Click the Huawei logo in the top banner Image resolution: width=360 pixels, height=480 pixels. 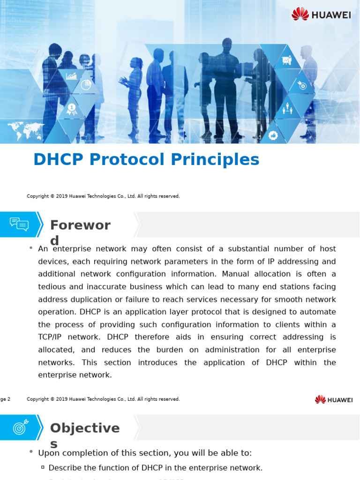(x=321, y=14)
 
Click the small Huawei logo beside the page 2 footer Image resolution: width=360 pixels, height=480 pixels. (x=334, y=399)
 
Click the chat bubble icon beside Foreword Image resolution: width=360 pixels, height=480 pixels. (x=19, y=224)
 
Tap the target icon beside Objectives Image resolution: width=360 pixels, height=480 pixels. (x=20, y=427)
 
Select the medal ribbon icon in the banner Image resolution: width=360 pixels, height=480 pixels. (x=71, y=109)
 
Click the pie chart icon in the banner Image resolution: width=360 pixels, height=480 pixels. (x=85, y=85)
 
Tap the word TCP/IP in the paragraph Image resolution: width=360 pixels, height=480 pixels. (x=52, y=337)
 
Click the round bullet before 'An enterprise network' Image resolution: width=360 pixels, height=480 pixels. (x=31, y=247)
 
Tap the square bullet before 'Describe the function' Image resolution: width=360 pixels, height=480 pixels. (x=43, y=467)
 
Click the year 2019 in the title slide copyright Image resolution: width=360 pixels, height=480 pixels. (x=62, y=196)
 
